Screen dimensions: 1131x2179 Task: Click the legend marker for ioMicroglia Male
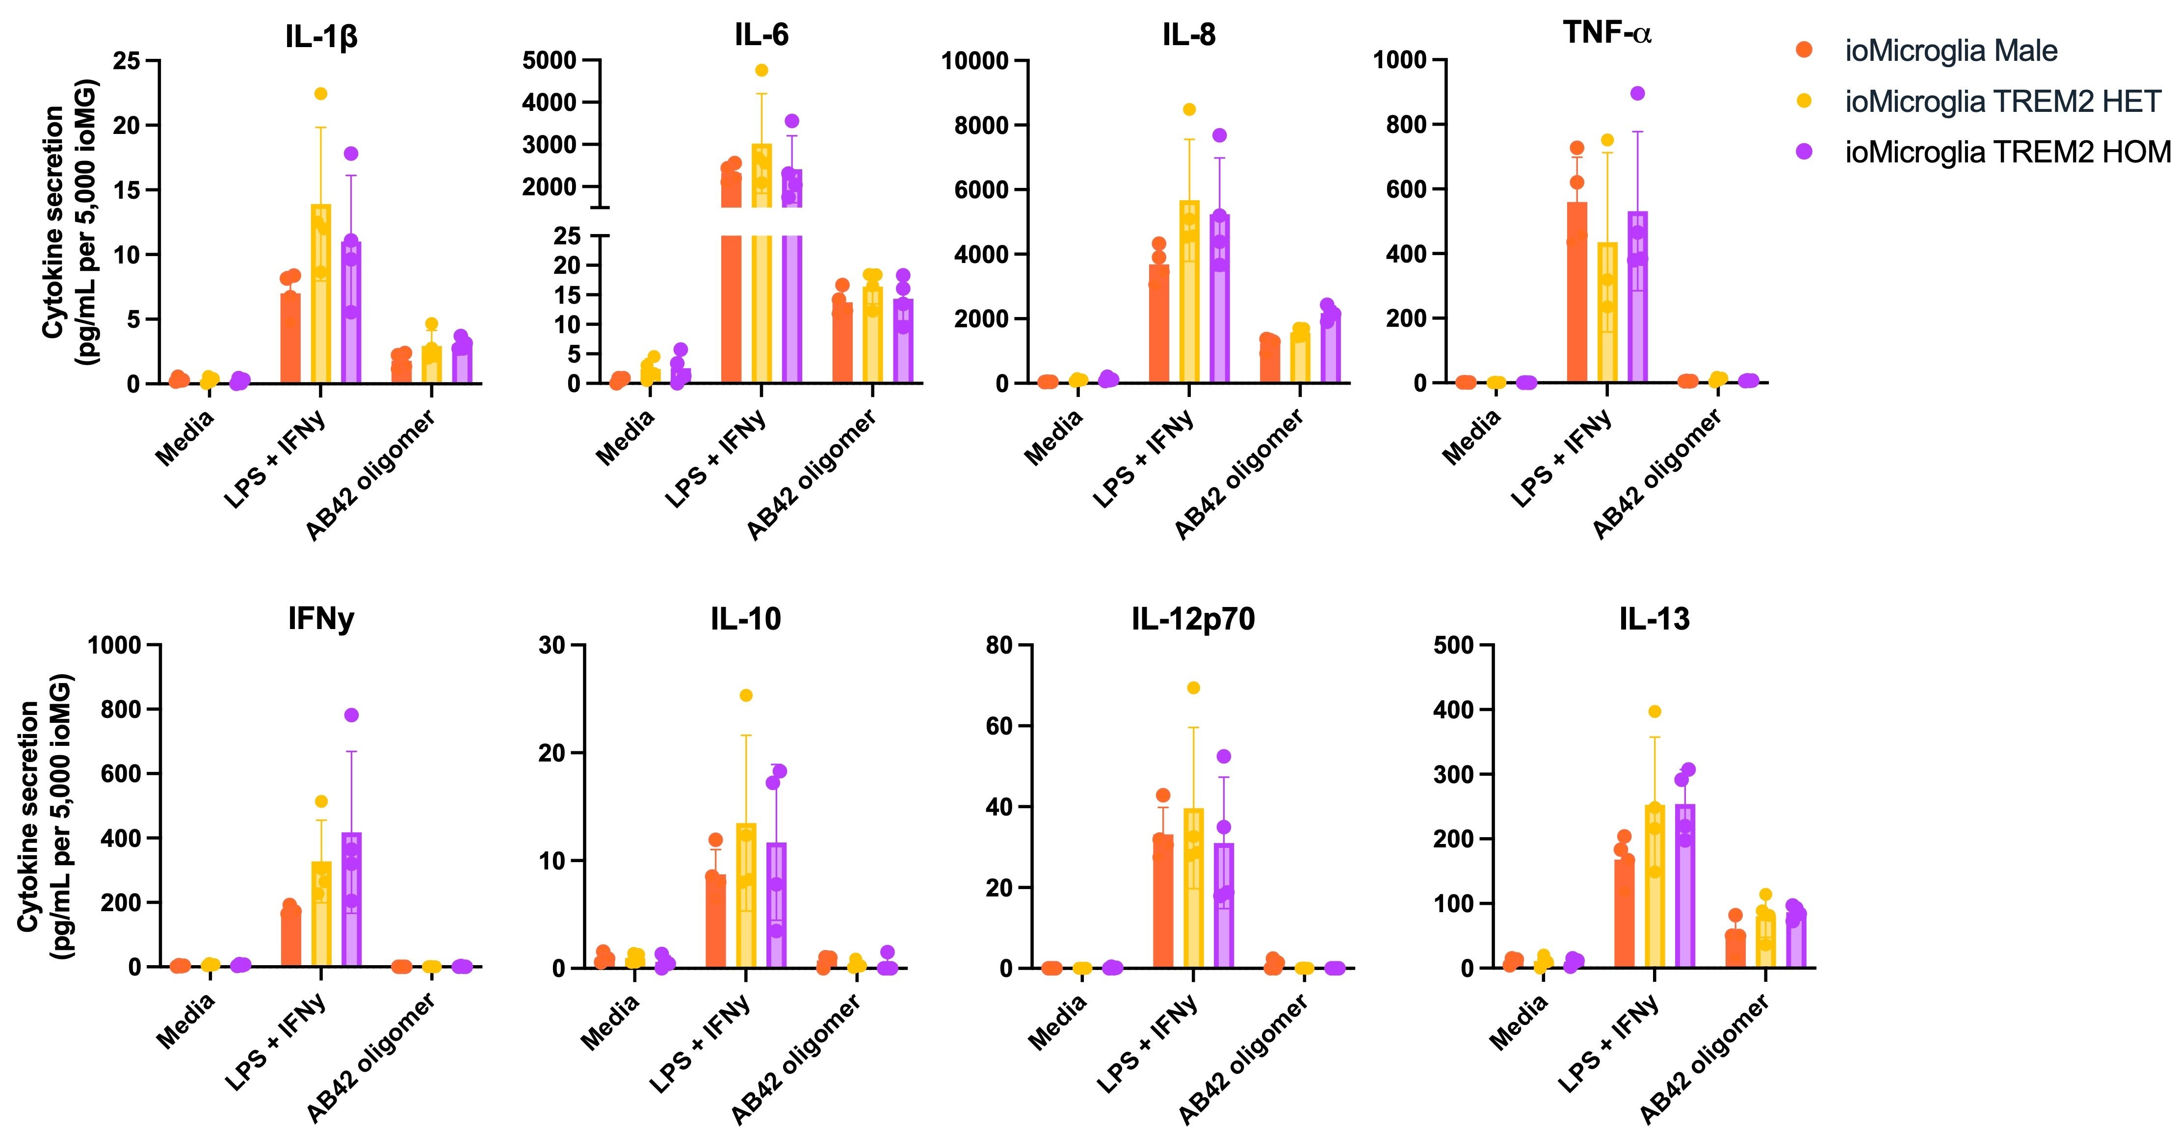pyautogui.click(x=1804, y=51)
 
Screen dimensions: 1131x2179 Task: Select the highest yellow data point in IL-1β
pyautogui.click(x=320, y=94)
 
